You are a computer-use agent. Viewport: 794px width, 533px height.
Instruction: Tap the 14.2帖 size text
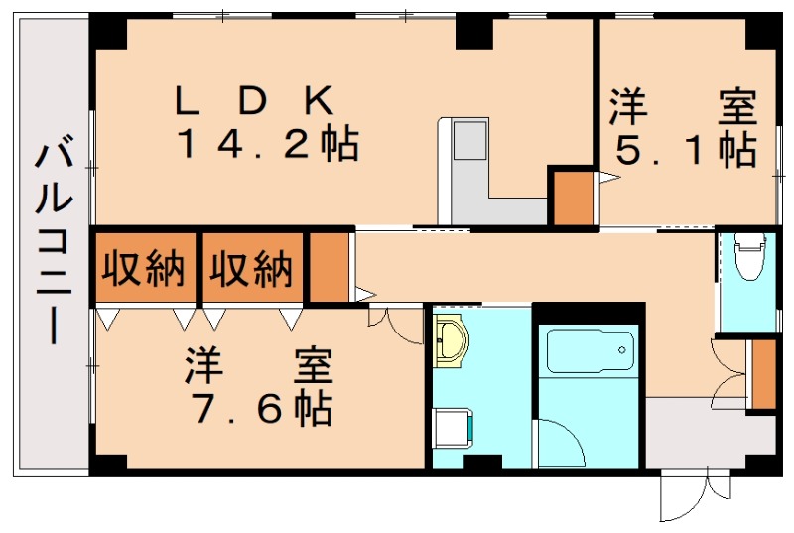click(x=267, y=146)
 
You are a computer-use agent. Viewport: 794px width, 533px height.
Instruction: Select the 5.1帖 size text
click(x=686, y=150)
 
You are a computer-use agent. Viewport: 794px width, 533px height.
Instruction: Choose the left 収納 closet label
click(x=145, y=269)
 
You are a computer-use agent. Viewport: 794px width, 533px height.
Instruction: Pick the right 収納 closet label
click(x=252, y=269)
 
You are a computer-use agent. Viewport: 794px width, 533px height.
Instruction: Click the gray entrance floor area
click(x=695, y=432)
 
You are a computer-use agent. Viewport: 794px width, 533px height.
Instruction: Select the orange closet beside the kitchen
click(x=571, y=198)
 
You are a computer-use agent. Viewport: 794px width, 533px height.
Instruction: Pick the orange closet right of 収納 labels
click(x=329, y=267)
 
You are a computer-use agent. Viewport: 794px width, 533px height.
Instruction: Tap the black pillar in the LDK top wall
click(x=474, y=34)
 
